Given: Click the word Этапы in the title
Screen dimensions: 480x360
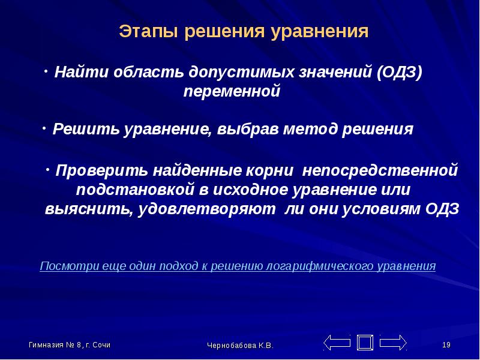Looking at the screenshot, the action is click(148, 32).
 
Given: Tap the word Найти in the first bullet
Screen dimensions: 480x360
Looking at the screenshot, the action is click(81, 72).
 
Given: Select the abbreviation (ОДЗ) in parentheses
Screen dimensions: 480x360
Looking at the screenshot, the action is click(400, 73).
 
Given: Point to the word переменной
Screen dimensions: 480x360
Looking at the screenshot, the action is click(232, 92).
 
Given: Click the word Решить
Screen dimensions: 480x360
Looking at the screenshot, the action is click(86, 129).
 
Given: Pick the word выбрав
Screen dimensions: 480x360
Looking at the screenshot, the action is click(248, 129).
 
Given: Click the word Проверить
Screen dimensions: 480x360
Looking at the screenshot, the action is click(101, 170).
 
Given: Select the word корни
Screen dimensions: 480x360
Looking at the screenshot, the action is click(269, 171).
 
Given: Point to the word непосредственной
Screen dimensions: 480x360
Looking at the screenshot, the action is click(380, 171).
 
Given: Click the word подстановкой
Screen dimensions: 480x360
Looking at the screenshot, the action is click(135, 190).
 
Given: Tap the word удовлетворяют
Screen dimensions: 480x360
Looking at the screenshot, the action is click(206, 209).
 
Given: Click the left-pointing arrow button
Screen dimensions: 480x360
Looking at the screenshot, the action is click(337, 343).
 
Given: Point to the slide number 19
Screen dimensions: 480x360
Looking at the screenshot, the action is click(446, 345).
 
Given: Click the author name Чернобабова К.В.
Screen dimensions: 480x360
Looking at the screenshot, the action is click(240, 346).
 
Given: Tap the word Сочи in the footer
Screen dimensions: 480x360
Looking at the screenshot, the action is click(101, 345).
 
